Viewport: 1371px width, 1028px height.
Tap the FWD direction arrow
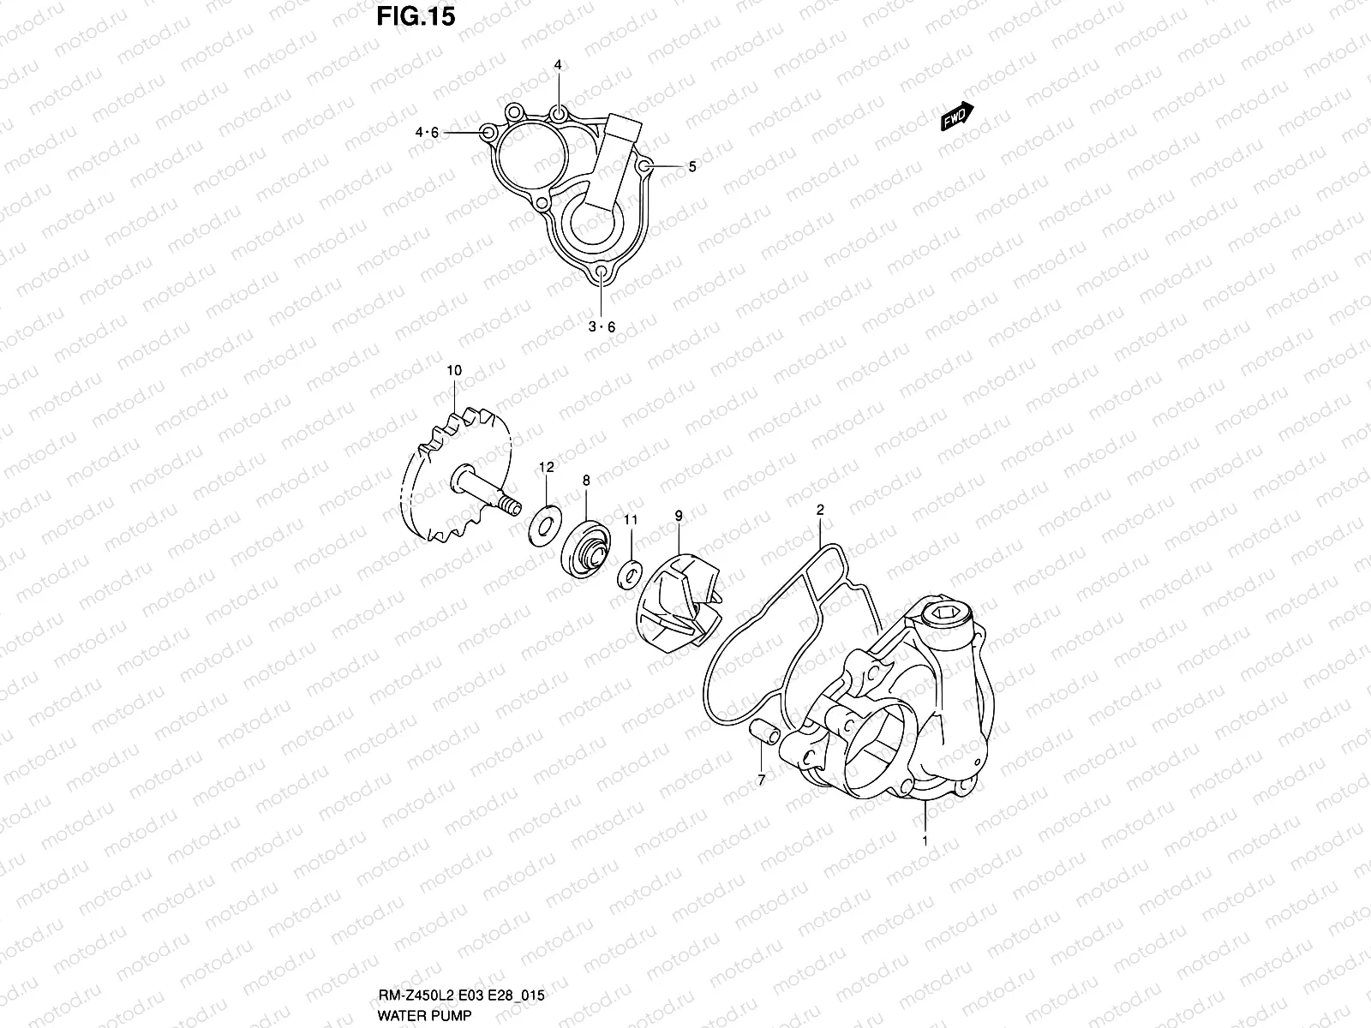pos(957,117)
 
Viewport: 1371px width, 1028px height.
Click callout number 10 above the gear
pos(454,370)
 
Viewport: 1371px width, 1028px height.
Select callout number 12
pos(547,467)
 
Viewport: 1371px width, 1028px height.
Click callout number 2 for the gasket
pos(820,510)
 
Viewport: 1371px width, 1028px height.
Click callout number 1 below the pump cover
pos(925,841)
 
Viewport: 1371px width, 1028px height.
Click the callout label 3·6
pos(602,326)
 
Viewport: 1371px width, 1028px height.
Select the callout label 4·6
pos(427,133)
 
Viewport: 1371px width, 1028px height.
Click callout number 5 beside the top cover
pos(691,167)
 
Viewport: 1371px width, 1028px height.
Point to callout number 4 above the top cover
pos(558,66)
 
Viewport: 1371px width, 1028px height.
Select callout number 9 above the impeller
pos(679,516)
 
